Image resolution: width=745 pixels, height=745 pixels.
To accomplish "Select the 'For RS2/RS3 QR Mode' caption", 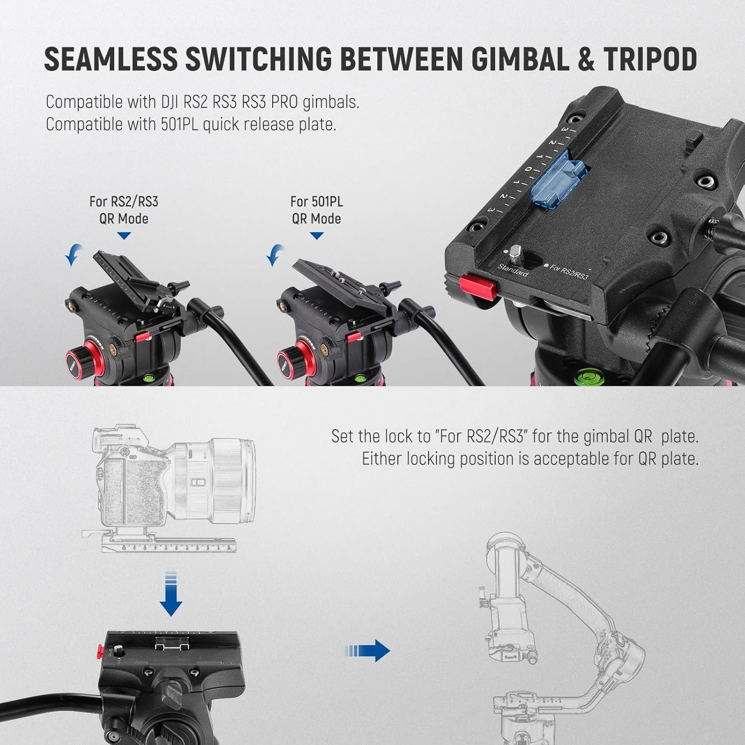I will (124, 210).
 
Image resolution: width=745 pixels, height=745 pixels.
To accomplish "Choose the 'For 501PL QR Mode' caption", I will (316, 210).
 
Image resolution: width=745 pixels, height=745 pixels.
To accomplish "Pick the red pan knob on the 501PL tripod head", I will (289, 359).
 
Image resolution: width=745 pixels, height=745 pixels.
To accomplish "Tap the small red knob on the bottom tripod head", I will (101, 650).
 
